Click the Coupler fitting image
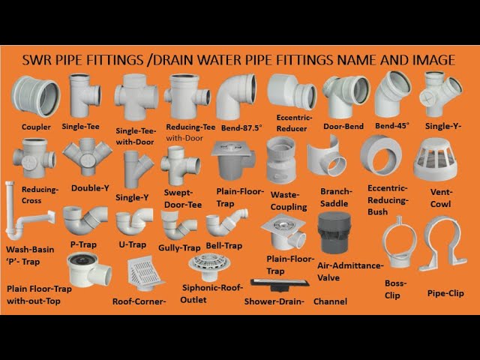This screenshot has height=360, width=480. tap(35, 97)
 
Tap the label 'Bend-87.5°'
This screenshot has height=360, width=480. tap(241, 128)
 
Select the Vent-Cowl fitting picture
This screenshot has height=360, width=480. tap(435, 160)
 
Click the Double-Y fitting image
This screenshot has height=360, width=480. tap(88, 157)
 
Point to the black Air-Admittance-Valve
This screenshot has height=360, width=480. tap(334, 232)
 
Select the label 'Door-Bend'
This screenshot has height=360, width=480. tap(343, 127)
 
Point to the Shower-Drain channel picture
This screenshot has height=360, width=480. tap(279, 285)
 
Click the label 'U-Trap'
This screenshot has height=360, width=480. tap(133, 244)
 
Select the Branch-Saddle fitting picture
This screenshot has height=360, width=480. tap(327, 157)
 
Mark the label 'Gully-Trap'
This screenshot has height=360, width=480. tap(179, 247)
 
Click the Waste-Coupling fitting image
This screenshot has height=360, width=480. tap(281, 160)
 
